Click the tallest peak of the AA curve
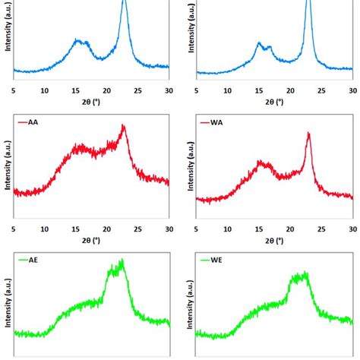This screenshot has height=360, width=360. click(124, 126)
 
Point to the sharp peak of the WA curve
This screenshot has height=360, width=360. click(308, 134)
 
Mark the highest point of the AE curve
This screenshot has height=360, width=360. click(121, 261)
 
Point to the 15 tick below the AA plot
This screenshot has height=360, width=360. click(76, 228)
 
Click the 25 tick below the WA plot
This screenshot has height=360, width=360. click(321, 228)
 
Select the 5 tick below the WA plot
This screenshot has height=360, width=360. click(197, 228)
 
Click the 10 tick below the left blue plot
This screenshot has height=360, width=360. click(45, 90)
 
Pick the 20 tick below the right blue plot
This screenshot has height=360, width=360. click(290, 90)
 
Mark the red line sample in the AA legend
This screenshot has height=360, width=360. click(21, 122)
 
